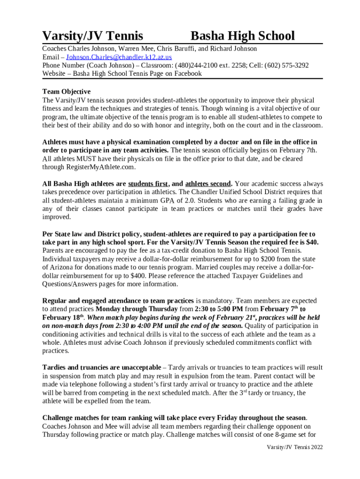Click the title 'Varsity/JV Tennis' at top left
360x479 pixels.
(x=93, y=36)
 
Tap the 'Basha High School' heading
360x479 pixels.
(x=243, y=36)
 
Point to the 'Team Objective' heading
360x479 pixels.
(x=66, y=92)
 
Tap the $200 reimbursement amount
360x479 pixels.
(x=267, y=259)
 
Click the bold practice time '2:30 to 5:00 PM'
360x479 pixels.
(x=218, y=309)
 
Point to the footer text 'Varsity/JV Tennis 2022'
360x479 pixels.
(x=295, y=447)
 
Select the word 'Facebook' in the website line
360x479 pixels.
(x=186, y=73)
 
